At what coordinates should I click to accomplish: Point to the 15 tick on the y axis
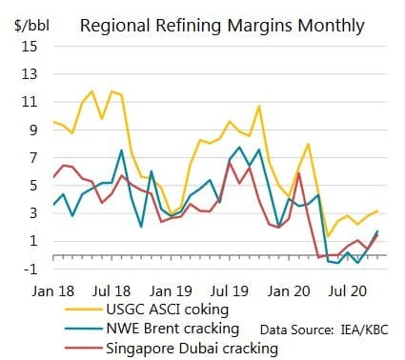click(30, 46)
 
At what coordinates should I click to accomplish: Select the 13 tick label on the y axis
click(30, 73)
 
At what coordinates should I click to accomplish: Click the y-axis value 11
click(30, 101)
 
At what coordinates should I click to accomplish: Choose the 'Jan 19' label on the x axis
click(173, 289)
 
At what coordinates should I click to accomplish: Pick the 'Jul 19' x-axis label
click(233, 289)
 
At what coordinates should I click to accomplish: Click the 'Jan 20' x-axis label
click(291, 289)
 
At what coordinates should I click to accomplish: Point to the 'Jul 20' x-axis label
click(349, 289)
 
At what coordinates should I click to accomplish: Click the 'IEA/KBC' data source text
click(364, 328)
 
